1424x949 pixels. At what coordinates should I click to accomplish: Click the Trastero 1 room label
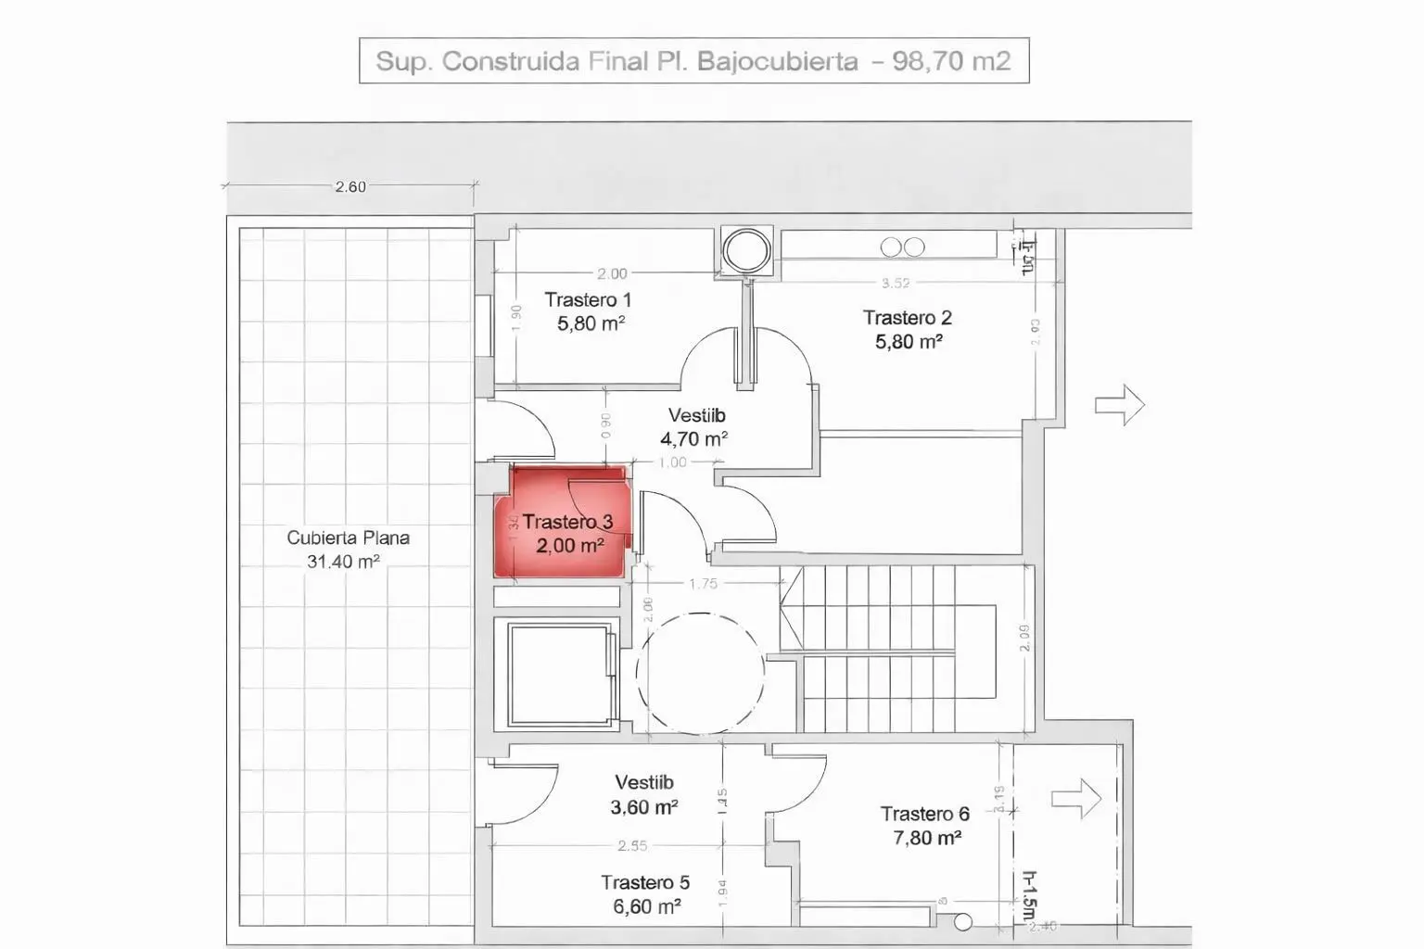click(588, 300)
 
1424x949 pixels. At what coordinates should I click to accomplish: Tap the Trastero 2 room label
click(907, 318)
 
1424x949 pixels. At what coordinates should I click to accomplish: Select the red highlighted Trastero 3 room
click(562, 524)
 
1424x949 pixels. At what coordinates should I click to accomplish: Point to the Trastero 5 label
click(644, 882)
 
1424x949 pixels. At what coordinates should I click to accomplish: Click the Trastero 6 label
click(924, 814)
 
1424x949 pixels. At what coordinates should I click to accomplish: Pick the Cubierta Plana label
click(348, 538)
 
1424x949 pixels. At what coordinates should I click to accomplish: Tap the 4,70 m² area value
click(693, 438)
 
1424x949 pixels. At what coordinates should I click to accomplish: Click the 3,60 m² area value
click(643, 807)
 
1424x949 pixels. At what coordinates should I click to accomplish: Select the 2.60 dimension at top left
click(350, 186)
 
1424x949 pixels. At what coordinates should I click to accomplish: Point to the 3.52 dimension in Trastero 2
click(896, 283)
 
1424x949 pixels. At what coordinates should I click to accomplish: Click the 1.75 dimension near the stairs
click(703, 584)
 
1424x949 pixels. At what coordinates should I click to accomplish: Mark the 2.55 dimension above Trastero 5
click(632, 845)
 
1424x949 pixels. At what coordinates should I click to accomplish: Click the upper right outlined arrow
click(1120, 405)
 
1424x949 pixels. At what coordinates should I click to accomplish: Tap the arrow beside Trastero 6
click(1076, 799)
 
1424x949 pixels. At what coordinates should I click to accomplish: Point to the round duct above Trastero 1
click(745, 249)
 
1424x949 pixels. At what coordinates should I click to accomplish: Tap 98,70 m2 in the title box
click(951, 61)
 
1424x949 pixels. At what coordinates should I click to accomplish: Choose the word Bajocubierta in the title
click(777, 61)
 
